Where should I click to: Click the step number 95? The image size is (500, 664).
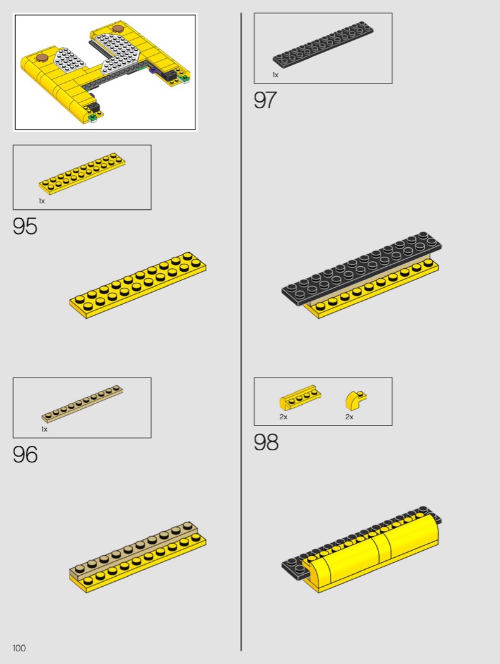(25, 226)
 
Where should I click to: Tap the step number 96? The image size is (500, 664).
(25, 455)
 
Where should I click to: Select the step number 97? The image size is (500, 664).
(265, 101)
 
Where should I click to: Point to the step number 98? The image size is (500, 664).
(266, 442)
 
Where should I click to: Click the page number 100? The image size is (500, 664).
(19, 648)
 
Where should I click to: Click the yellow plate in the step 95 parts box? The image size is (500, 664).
(82, 171)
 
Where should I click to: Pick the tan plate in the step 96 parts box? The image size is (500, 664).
(82, 405)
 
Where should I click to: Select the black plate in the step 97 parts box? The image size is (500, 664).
(323, 44)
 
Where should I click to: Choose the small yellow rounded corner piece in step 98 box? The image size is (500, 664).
(356, 400)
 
